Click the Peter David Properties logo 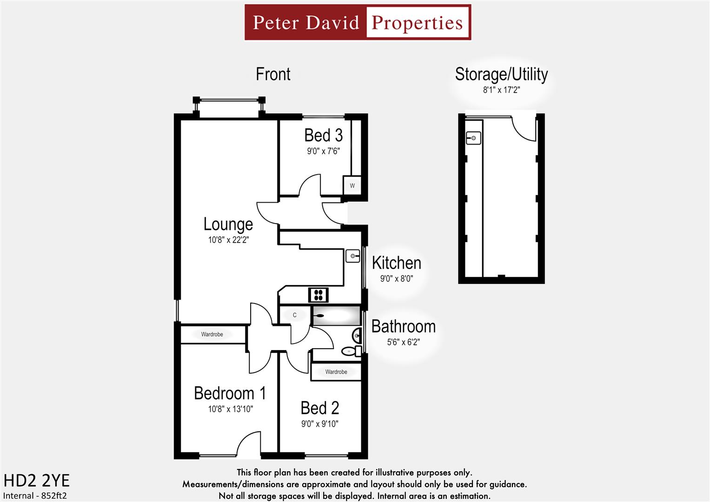358,22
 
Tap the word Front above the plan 273,74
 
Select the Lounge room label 228,224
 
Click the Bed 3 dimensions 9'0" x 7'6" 323,151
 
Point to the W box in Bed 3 352,185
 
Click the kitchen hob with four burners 319,295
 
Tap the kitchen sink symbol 353,256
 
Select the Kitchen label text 396,263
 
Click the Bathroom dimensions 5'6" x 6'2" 403,342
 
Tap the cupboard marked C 294,315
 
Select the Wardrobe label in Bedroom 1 212,334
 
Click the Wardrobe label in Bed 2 336,372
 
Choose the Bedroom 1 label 230,393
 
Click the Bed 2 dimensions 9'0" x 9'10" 319,424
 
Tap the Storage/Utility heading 501,74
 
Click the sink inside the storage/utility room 473,138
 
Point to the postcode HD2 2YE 36,480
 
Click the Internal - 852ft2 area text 35,495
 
